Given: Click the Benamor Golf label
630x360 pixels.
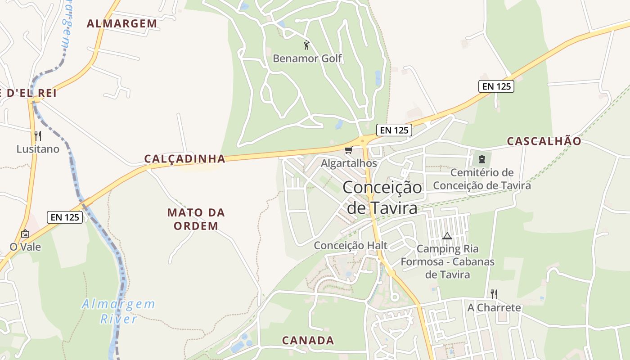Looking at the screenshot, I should pyautogui.click(x=307, y=58).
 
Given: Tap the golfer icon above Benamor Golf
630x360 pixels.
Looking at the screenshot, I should pyautogui.click(x=307, y=45).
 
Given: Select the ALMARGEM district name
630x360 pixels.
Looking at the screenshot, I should pyautogui.click(x=122, y=24).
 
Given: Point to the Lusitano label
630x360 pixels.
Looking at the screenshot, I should pyautogui.click(x=38, y=149).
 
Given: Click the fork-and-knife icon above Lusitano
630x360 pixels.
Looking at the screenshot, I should pyautogui.click(x=38, y=135).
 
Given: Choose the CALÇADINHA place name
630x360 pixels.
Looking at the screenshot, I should pyautogui.click(x=184, y=158).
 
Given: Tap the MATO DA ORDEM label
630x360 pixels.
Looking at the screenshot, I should pyautogui.click(x=196, y=219).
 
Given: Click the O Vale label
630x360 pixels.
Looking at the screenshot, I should pyautogui.click(x=25, y=247).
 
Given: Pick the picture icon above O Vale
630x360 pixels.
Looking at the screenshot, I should pyautogui.click(x=25, y=234).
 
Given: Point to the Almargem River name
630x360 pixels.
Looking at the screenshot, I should pyautogui.click(x=118, y=311).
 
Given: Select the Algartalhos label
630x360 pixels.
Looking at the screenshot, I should pyautogui.click(x=349, y=163).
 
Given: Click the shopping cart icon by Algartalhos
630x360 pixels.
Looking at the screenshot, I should pyautogui.click(x=348, y=150).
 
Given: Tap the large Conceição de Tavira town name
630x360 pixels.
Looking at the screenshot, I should pyautogui.click(x=382, y=198).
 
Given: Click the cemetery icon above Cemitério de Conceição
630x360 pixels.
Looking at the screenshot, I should pyautogui.click(x=482, y=159).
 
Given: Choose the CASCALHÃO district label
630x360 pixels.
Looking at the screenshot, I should pyautogui.click(x=544, y=141).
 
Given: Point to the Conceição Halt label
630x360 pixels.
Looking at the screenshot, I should pyautogui.click(x=351, y=245).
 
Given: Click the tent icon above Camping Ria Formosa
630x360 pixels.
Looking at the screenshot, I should pyautogui.click(x=447, y=236).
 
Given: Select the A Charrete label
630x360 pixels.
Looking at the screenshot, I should pyautogui.click(x=494, y=308).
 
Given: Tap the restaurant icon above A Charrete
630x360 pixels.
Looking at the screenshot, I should pyautogui.click(x=494, y=294).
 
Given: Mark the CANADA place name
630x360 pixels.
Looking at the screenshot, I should pyautogui.click(x=308, y=340).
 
